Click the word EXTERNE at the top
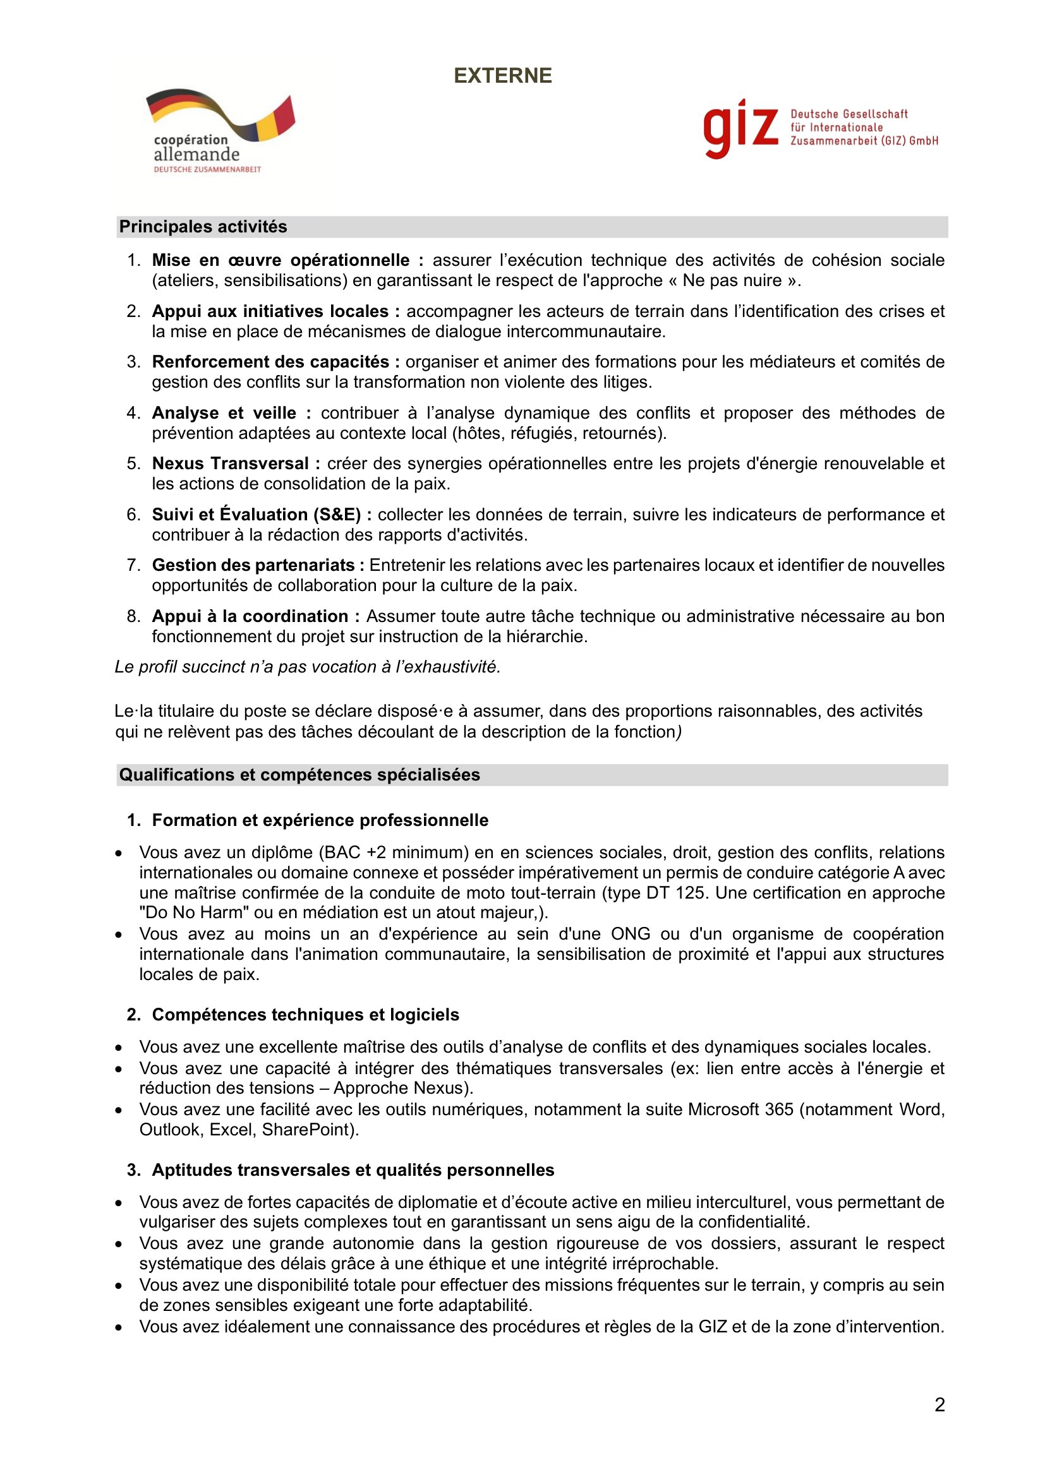(x=502, y=76)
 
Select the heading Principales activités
(x=203, y=227)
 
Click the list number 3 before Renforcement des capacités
(x=133, y=362)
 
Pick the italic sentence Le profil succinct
(x=307, y=666)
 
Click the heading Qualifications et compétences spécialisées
(x=299, y=775)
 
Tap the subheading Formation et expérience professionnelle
(x=320, y=820)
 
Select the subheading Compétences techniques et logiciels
(x=306, y=1015)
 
